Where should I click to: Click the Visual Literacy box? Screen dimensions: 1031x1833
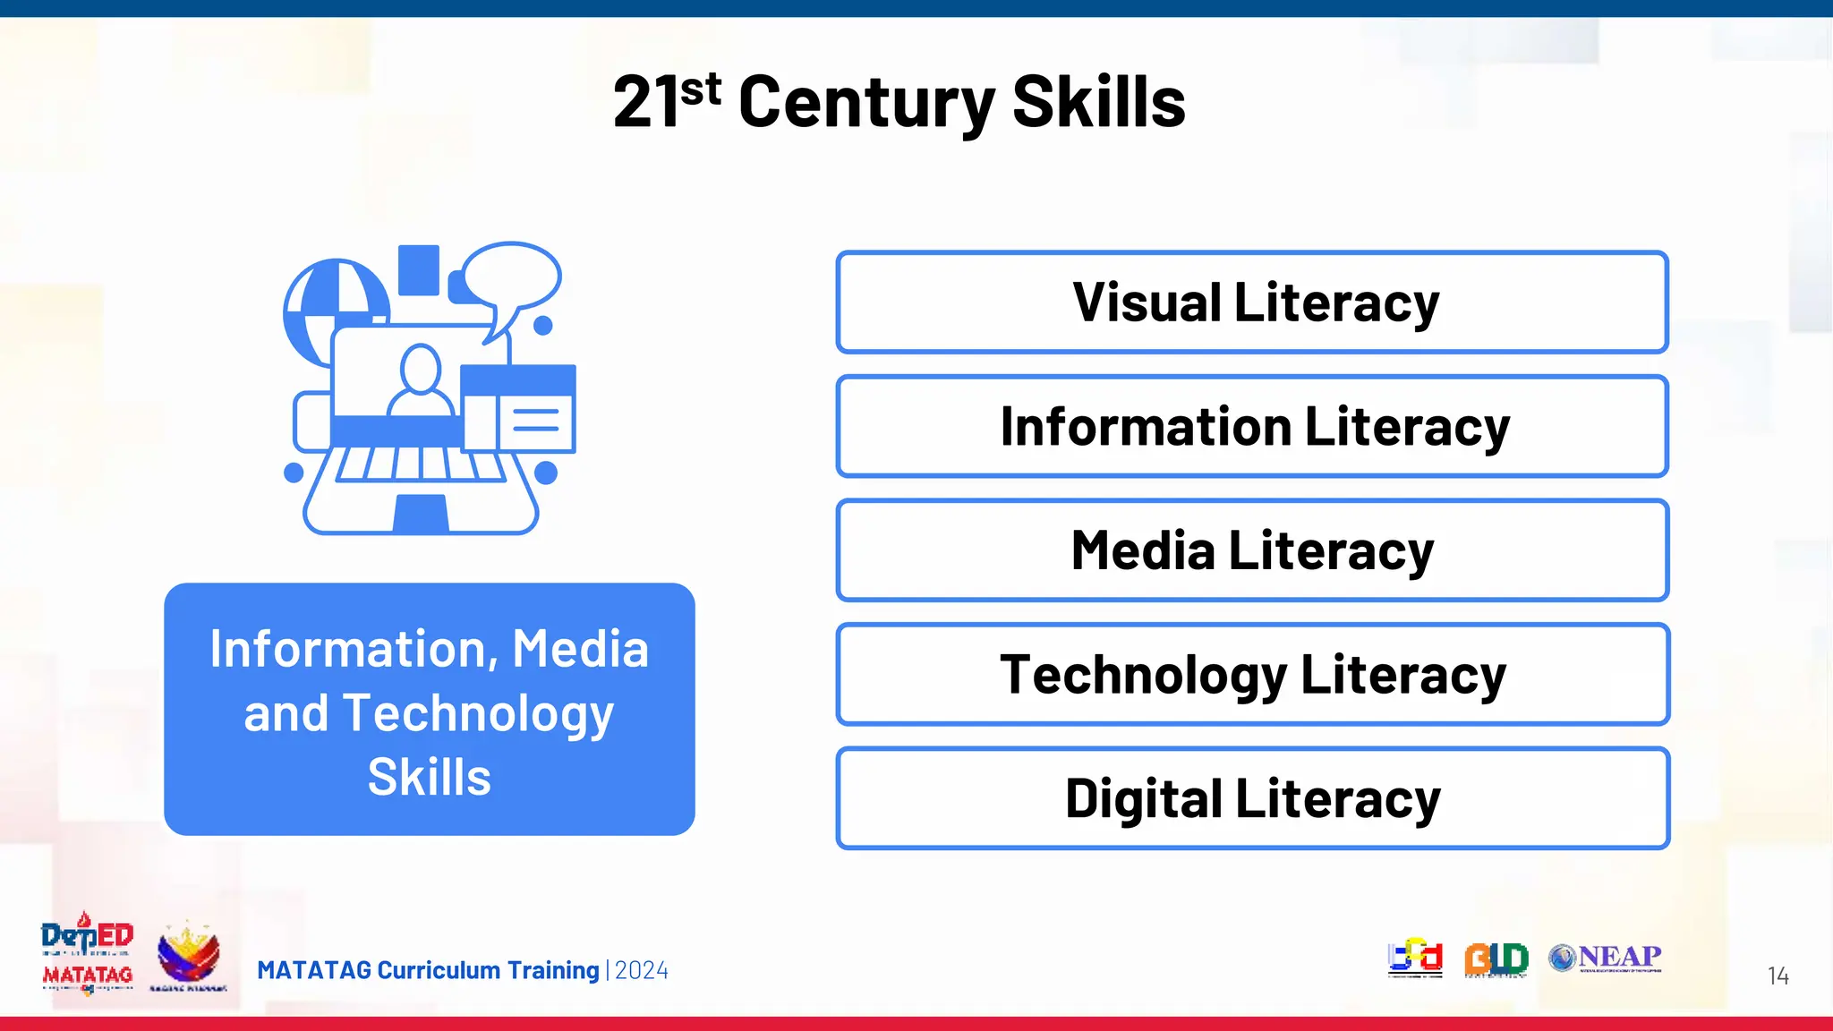pos(1252,302)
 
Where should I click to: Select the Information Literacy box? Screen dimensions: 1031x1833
pos(1252,426)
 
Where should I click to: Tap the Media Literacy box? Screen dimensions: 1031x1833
pos(1252,550)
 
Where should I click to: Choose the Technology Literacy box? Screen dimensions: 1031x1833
pos(1252,674)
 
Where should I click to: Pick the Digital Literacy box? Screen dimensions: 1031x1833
pos(1252,798)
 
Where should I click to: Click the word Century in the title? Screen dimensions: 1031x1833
pos(865,103)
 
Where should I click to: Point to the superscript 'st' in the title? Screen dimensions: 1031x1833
pos(700,89)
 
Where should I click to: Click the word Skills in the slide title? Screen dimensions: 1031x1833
pos(1098,103)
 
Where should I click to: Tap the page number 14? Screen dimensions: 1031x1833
pos(1778,976)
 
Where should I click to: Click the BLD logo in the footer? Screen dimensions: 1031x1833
pos(1496,959)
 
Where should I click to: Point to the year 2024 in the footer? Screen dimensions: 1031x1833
pos(642,970)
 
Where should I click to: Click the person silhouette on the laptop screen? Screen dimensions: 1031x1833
pos(420,380)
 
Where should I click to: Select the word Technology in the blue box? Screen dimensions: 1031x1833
pos(478,713)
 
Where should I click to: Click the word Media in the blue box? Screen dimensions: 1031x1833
pos(580,649)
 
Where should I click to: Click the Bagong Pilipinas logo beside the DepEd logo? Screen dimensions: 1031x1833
pos(188,956)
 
